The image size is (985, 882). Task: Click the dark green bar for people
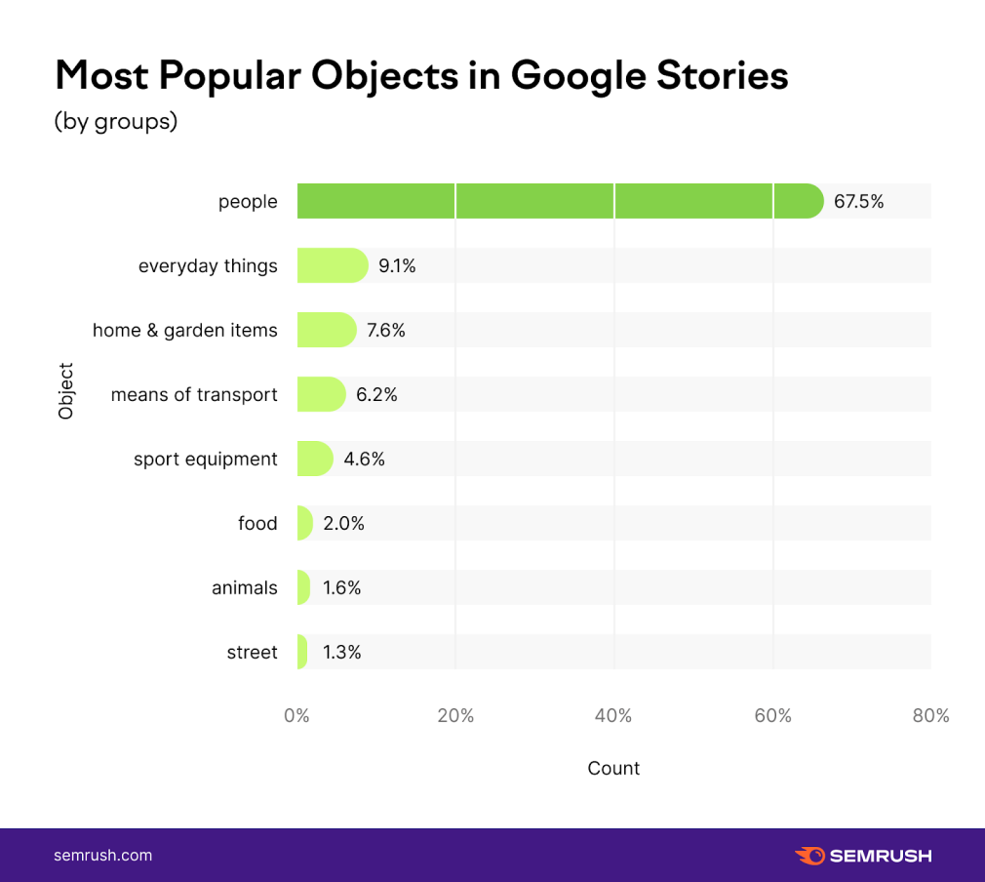click(560, 201)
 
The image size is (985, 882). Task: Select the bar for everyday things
click(332, 265)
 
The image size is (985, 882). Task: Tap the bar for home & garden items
click(326, 330)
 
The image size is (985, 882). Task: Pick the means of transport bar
click(321, 394)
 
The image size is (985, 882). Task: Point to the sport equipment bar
click(314, 459)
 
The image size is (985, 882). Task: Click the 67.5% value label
click(858, 202)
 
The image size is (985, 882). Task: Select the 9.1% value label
click(397, 265)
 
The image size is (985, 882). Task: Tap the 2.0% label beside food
click(343, 523)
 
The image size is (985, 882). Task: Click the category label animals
click(245, 587)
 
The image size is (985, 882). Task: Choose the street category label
click(252, 652)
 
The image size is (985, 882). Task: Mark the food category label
click(257, 523)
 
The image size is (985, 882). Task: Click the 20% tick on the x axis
click(455, 715)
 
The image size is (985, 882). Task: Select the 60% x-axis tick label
click(772, 715)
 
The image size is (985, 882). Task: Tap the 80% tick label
click(930, 715)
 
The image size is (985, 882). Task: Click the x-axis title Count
click(613, 768)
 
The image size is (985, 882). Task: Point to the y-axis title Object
click(66, 391)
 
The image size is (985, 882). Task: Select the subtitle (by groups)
click(115, 123)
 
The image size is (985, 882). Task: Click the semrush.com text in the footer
click(102, 856)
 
